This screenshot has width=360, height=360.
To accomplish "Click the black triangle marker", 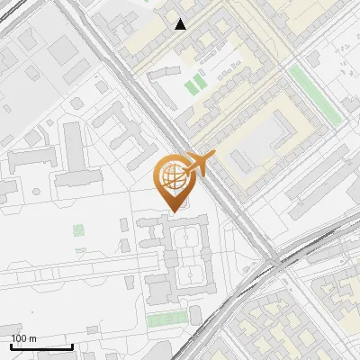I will [182, 24].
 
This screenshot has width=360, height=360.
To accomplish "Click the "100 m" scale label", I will [23, 338].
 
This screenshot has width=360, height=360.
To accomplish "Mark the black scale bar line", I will [41, 346].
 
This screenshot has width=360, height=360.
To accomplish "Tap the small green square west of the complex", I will [78, 230].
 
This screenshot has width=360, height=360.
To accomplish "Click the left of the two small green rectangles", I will [190, 87].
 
